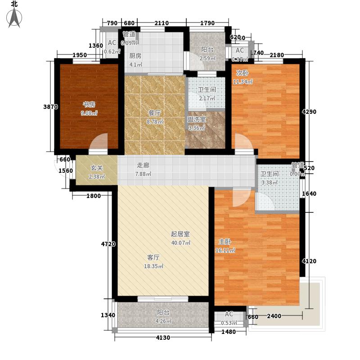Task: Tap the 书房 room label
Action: pos(89,105)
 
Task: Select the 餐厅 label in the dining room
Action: pos(155,113)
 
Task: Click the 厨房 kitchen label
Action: pos(135,56)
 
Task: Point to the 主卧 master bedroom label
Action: pos(225,242)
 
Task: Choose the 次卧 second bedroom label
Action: pos(242,73)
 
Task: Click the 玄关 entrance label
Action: pos(96,168)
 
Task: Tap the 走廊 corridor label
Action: pos(143,165)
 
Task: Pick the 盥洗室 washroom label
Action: pos(197,119)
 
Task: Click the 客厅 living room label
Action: pos(153,257)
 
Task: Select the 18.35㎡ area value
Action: pos(153,266)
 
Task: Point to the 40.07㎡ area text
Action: pos(181,243)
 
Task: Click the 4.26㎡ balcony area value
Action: pos(163,321)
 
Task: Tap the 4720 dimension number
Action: pos(108,244)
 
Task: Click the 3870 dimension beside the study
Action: pos(50,107)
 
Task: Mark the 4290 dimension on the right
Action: pos(309,112)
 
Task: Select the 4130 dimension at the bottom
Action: pos(163,337)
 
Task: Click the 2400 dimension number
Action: pos(274,316)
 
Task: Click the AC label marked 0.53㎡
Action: pos(229,314)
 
